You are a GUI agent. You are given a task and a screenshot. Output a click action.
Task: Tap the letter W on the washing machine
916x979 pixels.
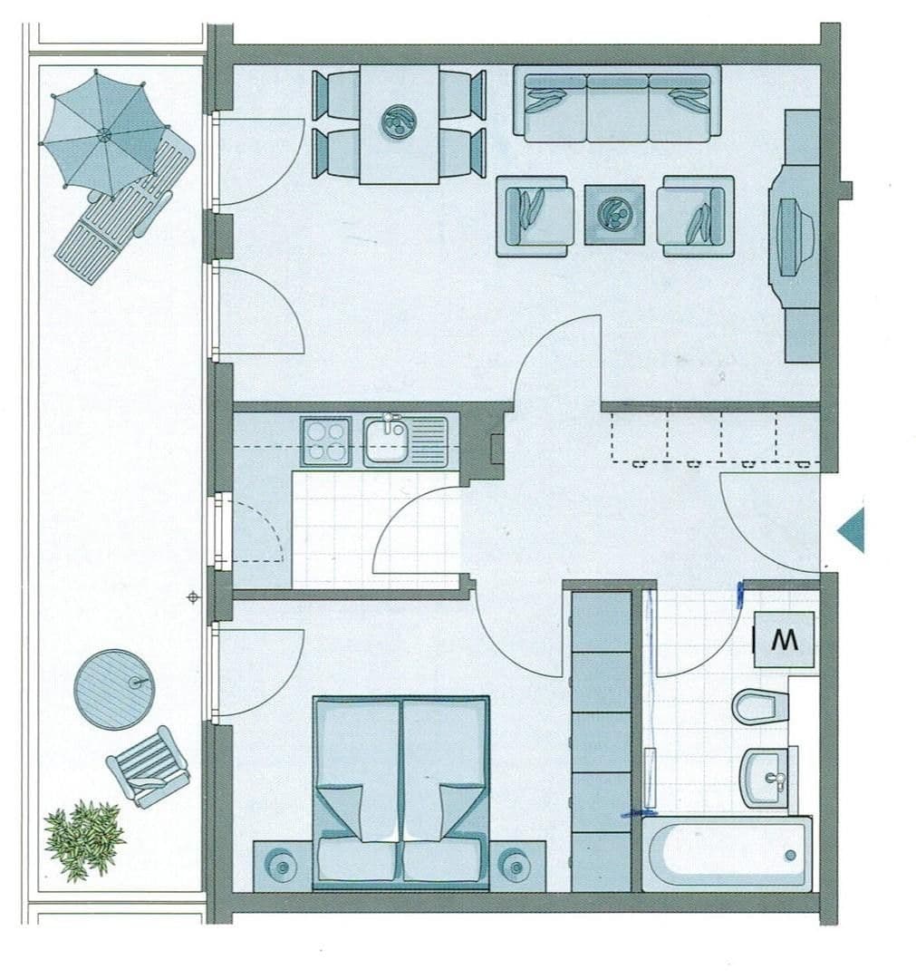click(785, 640)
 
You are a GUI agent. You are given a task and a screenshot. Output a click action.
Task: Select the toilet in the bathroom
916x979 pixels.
click(759, 705)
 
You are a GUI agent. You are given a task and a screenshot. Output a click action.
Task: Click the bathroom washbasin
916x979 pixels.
click(767, 778)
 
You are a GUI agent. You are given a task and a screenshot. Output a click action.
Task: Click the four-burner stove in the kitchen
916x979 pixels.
click(326, 441)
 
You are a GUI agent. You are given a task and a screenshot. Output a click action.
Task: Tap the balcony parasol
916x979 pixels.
click(103, 134)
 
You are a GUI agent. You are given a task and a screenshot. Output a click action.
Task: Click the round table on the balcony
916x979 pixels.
click(114, 689)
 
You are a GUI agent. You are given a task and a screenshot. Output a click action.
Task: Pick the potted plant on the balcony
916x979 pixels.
click(84, 838)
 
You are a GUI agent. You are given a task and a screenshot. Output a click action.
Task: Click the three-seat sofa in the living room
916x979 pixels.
click(617, 103)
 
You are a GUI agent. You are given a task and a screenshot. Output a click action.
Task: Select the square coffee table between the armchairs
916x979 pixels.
click(614, 215)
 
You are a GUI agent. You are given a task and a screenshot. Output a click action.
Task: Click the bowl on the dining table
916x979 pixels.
click(399, 122)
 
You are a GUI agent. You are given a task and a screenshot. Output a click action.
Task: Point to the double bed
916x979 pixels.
click(400, 791)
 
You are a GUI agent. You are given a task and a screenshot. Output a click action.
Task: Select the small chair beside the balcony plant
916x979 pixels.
click(148, 767)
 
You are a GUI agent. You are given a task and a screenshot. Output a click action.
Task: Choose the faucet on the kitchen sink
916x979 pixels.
click(391, 422)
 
